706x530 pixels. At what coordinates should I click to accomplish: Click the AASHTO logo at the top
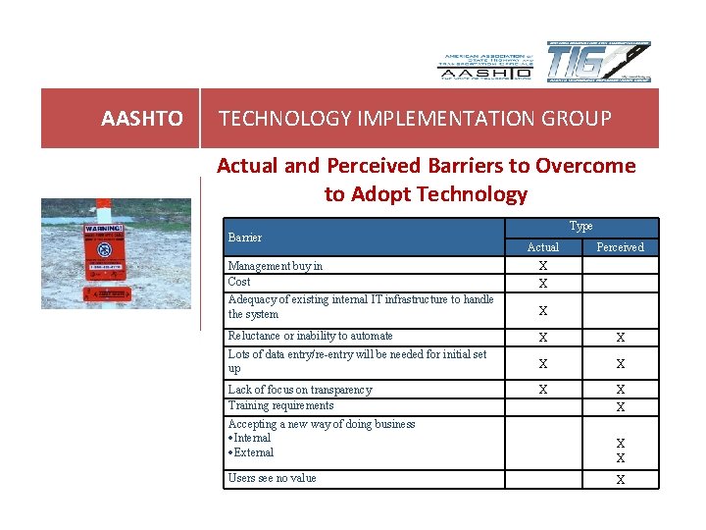(x=485, y=66)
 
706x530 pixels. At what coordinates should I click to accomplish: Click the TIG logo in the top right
(x=597, y=63)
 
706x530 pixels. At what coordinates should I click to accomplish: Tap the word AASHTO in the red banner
(x=142, y=119)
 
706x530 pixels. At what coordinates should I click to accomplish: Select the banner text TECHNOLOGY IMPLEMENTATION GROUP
(x=415, y=119)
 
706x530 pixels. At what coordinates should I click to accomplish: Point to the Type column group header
(x=580, y=227)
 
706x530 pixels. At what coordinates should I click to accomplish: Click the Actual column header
(x=542, y=247)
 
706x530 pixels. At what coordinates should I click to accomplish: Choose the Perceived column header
(x=620, y=247)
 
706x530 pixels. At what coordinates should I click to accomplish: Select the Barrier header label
(x=245, y=238)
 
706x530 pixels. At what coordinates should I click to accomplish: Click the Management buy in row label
(x=276, y=266)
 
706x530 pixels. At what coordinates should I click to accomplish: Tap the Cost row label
(x=239, y=282)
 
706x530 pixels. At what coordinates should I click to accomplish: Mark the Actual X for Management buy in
(x=542, y=266)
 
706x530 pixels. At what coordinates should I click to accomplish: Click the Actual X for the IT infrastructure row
(x=542, y=311)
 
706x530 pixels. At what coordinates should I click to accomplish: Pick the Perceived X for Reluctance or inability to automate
(x=620, y=338)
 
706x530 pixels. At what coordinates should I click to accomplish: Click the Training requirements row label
(x=280, y=405)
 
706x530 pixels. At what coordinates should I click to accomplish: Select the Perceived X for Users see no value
(x=620, y=480)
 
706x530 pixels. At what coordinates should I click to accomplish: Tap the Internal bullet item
(x=250, y=438)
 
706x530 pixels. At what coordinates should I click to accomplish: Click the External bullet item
(x=251, y=452)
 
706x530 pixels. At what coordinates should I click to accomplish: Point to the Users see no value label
(x=272, y=478)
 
